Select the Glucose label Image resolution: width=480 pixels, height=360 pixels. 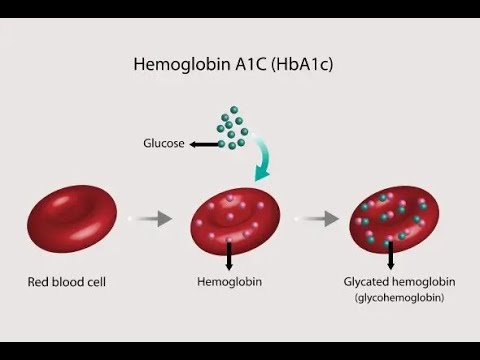(x=165, y=144)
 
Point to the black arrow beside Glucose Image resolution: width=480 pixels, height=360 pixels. (x=205, y=144)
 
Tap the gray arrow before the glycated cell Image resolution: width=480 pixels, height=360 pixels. (x=319, y=217)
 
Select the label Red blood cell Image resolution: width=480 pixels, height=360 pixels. (x=67, y=283)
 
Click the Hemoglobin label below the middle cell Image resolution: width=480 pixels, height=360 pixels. (x=231, y=283)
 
